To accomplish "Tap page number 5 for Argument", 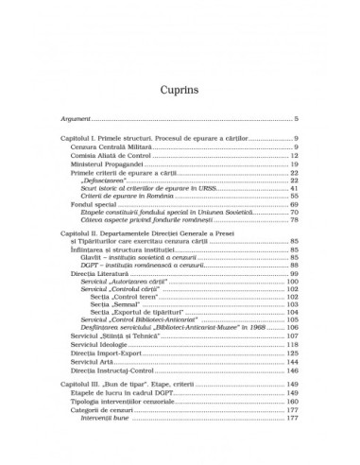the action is (296, 119).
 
